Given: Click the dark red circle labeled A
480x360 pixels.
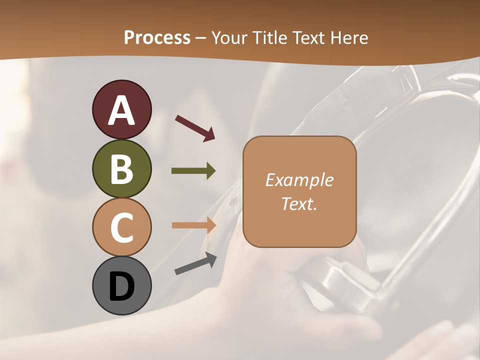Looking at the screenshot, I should coord(121,109).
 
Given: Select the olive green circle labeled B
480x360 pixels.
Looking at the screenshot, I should coord(121,168).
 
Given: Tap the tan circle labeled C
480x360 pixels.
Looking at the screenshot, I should coord(121,227).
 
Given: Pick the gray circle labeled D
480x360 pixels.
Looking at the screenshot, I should coord(121,285).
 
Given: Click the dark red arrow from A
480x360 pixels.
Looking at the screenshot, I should coord(195,128).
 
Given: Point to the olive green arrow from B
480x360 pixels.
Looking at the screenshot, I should coord(193,171).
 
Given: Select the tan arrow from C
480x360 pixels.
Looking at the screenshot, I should coord(193,225).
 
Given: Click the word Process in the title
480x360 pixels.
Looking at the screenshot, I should coord(157,37).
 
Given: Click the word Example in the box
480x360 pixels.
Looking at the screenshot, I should coord(299,180).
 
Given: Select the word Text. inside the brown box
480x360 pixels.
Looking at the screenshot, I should coord(299,203).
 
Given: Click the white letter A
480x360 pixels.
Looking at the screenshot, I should coord(121,110).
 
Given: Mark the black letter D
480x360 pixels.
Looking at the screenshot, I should coord(121,286).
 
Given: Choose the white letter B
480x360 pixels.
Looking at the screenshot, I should coord(121,169).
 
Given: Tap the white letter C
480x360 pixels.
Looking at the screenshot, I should coord(121,227).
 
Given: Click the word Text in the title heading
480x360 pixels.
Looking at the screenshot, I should coord(309,37).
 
